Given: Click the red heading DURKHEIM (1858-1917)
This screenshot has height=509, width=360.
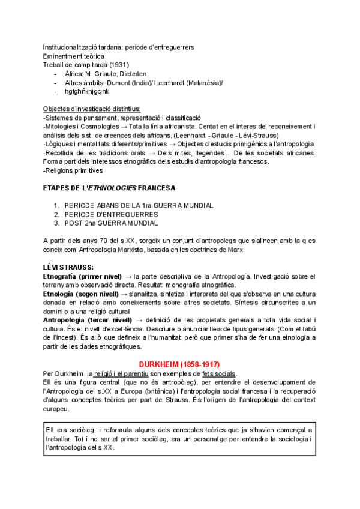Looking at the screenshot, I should [x=179, y=364].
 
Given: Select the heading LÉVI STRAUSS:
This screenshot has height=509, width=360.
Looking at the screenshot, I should [x=68, y=266].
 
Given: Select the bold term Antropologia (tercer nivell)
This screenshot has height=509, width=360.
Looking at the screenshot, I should [x=88, y=320].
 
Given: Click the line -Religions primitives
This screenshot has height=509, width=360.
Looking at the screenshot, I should [x=73, y=170].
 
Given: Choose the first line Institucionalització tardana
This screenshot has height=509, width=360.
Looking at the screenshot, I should [x=127, y=47].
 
